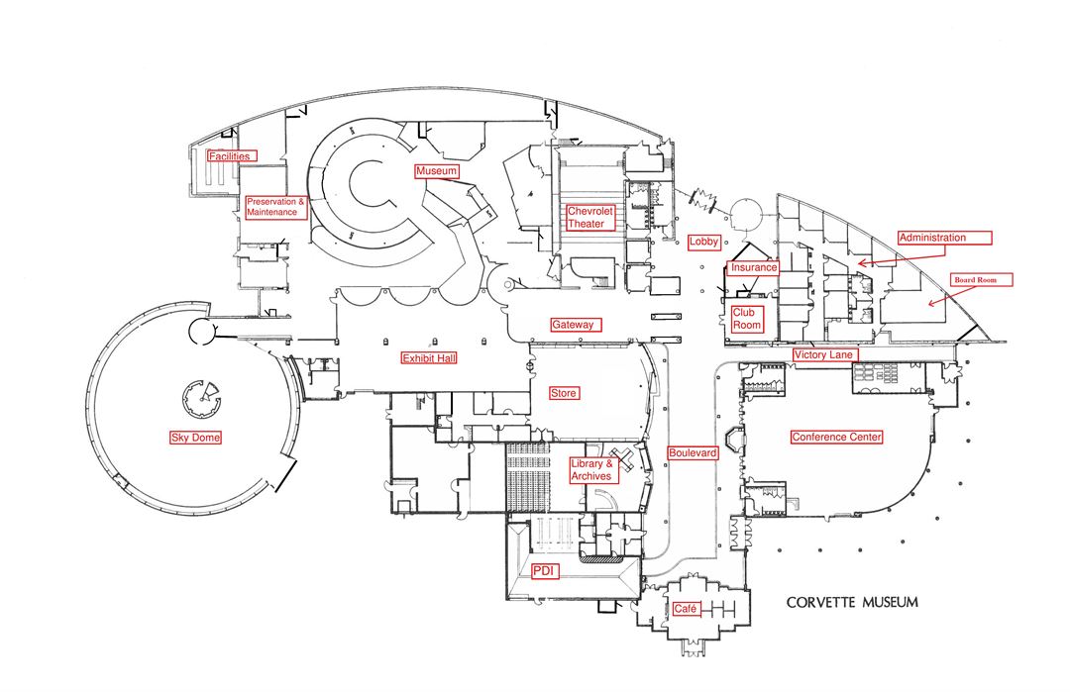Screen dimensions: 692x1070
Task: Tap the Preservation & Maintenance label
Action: [276, 207]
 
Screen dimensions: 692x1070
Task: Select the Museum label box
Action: [437, 171]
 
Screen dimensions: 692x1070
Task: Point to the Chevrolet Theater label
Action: [591, 218]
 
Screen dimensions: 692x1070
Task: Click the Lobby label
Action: [703, 242]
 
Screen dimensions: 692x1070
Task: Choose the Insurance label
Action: [754, 267]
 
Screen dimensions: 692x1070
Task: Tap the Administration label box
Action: [943, 238]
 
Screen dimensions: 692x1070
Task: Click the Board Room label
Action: [983, 280]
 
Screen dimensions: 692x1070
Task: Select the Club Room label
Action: [747, 319]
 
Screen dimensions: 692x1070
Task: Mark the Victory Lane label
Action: [825, 354]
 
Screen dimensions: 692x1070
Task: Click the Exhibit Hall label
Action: [429, 358]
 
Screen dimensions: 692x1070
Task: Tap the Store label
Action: [564, 393]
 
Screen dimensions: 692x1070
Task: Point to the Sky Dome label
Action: [195, 438]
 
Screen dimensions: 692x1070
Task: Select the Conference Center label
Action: [836, 437]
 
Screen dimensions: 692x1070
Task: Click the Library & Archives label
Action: [593, 470]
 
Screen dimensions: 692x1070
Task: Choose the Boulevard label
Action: [693, 452]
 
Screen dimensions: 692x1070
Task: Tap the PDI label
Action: [545, 570]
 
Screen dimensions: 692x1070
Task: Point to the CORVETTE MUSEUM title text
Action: [852, 602]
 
